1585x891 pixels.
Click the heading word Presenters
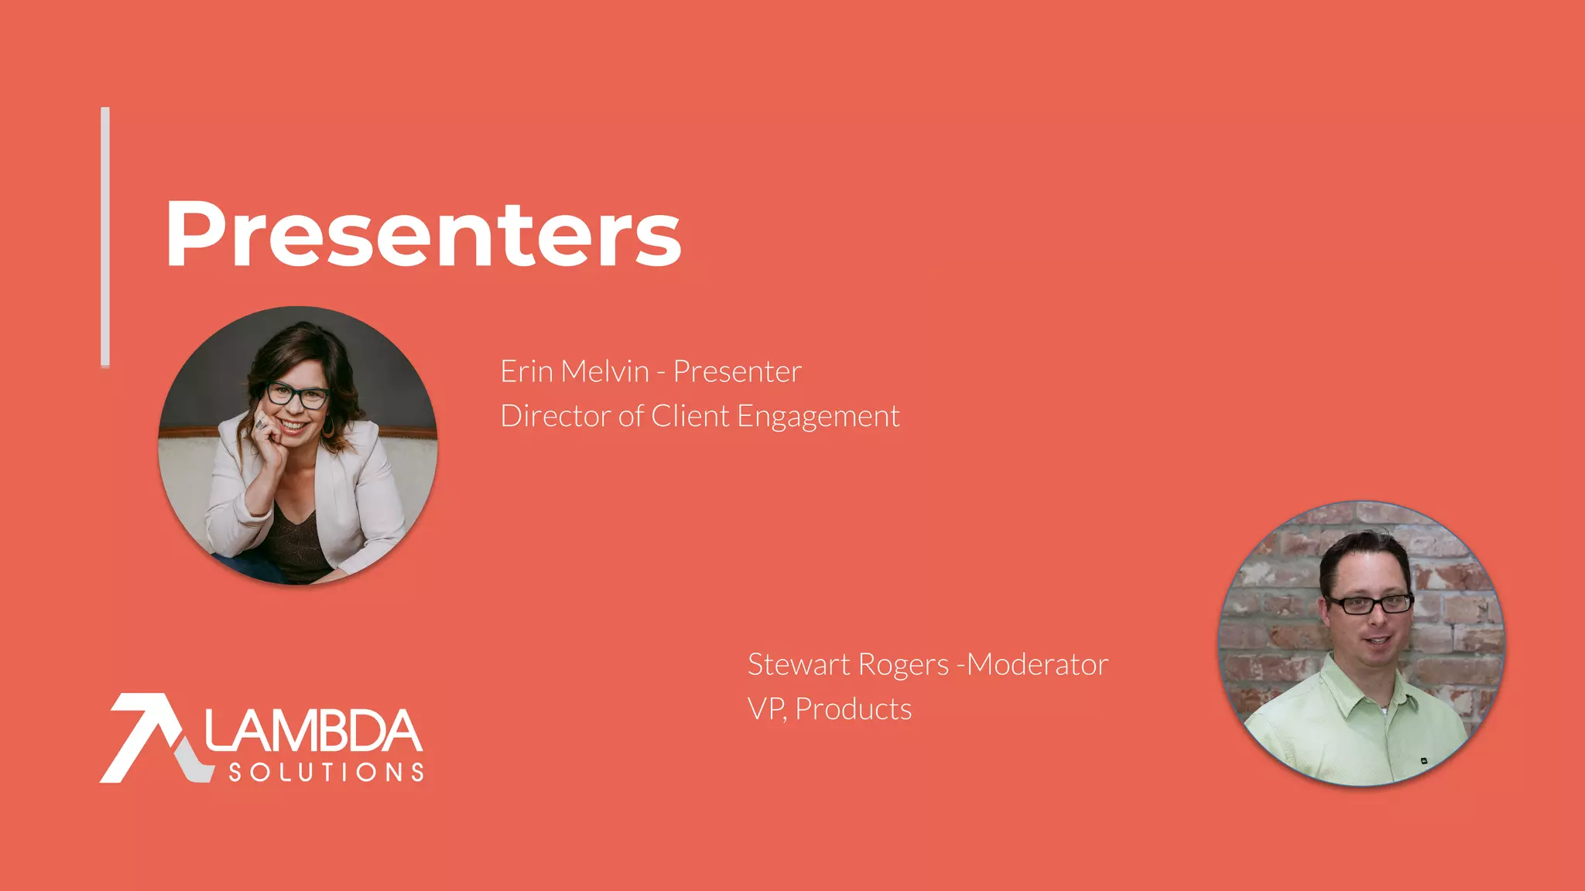tap(423, 234)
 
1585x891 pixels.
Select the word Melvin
tap(605, 372)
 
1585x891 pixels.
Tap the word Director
tap(556, 416)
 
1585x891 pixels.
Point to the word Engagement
tap(818, 418)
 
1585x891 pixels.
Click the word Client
tap(690, 416)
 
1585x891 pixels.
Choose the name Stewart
tap(798, 664)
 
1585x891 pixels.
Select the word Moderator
tap(1038, 664)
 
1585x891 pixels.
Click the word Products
tap(854, 709)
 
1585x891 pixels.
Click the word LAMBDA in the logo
tap(313, 731)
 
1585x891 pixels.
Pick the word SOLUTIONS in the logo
tap(326, 772)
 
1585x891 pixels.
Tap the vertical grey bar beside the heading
tap(105, 237)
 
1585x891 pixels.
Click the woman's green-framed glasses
tap(297, 395)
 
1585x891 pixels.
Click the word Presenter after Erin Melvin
tap(737, 372)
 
